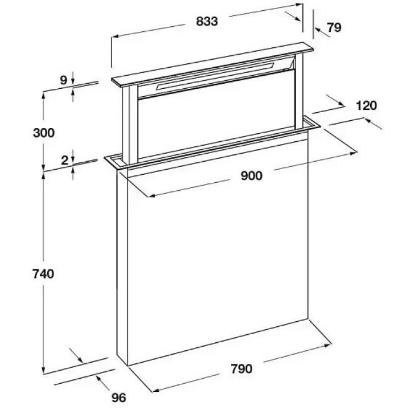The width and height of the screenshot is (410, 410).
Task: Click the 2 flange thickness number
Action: [64, 160]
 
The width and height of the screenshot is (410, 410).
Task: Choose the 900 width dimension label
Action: [251, 175]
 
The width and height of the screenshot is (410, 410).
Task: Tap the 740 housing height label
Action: [43, 273]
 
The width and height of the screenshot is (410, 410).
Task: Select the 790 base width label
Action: [241, 368]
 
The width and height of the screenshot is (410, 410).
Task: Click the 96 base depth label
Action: [118, 397]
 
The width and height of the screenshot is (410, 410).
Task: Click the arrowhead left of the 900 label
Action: [151, 196]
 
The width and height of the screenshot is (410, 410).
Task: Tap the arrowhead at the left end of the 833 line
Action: [113, 36]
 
